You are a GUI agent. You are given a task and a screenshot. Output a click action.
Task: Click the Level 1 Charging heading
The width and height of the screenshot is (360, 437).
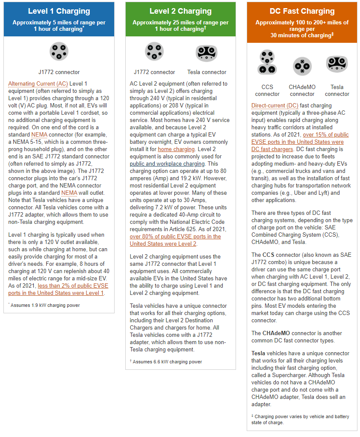pos(59,12)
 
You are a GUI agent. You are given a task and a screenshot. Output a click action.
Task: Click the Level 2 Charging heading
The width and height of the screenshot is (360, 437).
pos(180,12)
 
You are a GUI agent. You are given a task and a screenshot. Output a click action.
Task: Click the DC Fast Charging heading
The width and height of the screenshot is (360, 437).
pos(302,12)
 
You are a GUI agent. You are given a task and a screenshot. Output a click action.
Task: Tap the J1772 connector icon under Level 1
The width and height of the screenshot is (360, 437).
pos(59,51)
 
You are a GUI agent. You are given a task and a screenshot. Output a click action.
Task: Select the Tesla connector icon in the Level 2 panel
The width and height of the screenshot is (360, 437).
pos(207,53)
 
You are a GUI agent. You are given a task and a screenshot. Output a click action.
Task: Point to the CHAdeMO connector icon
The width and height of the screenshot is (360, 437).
pos(302,66)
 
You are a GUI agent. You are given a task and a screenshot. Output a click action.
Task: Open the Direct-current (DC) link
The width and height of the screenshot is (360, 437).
pos(274,105)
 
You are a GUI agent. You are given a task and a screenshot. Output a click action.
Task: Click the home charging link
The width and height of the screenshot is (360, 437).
pos(176,149)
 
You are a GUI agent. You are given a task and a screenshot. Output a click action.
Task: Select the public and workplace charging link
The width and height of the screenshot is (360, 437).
pos(168,164)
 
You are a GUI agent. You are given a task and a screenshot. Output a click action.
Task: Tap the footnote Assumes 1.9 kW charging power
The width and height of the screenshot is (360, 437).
pos(45,305)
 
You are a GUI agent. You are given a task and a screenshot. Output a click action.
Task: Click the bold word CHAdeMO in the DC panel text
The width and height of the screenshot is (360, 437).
pos(277,333)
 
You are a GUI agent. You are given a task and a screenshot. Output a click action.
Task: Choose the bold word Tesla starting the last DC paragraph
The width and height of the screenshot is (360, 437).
pos(258,354)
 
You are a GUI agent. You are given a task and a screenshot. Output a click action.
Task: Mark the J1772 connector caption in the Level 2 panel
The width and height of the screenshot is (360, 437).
pos(154,72)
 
